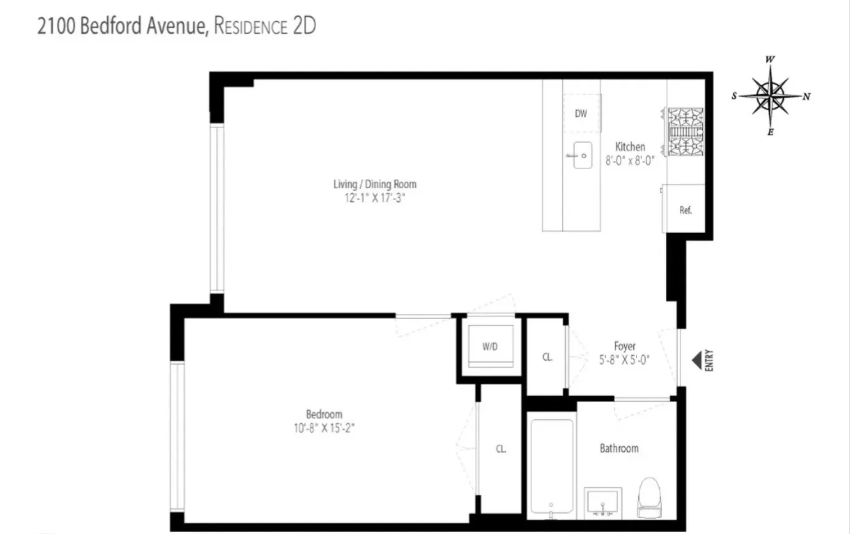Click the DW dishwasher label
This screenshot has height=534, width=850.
581,113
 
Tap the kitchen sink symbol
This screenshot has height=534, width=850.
579,156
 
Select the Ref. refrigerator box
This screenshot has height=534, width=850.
685,210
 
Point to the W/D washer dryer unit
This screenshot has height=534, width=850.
490,346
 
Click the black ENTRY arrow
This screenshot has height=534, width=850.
697,360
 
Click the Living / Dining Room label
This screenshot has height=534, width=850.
374,184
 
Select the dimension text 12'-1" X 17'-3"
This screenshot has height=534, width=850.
374,198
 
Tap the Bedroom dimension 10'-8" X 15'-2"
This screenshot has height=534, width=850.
324,429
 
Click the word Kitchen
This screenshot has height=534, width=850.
630,147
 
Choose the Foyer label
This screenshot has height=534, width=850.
625,346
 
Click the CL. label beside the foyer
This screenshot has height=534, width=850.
547,357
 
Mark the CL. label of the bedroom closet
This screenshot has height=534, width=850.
501,449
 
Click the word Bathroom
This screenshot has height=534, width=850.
619,448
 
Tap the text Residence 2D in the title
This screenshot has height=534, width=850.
265,26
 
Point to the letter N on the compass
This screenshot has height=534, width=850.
806,97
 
